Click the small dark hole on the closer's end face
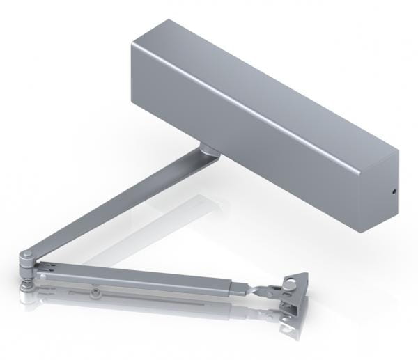tap(394, 193)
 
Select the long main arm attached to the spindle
tap(118, 203)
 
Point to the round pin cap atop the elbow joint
tap(26, 256)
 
